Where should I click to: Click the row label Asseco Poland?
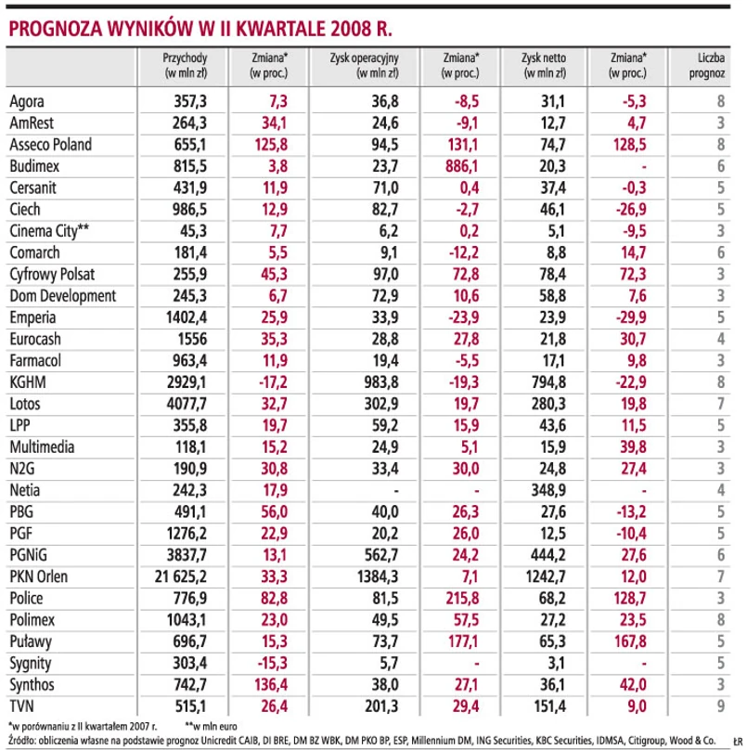click(50, 144)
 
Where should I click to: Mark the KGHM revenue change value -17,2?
click(271, 381)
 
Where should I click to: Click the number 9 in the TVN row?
click(719, 706)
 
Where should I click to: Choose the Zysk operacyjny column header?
click(364, 63)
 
